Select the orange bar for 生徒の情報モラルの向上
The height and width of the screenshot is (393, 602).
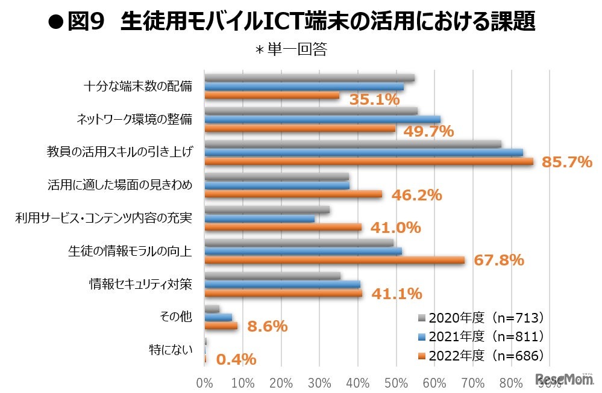pos(334,260)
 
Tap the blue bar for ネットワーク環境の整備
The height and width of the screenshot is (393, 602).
pos(322,119)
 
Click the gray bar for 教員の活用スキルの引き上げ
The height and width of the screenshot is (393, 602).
pos(353,144)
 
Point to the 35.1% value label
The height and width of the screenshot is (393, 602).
pos(374,99)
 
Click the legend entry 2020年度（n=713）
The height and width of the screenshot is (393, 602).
pos(482,317)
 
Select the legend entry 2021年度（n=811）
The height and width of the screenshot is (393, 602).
pos(482,336)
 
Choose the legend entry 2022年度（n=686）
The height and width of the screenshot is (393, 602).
pos(482,356)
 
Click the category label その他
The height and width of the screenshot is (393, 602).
pos(177,316)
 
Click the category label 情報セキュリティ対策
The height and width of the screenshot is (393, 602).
pos(140,283)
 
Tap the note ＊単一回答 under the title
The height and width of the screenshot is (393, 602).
pos(291,50)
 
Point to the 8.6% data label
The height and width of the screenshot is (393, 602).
pos(268,326)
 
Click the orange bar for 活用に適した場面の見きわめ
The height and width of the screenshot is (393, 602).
pos(293,194)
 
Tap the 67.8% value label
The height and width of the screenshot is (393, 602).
pos(498,260)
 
